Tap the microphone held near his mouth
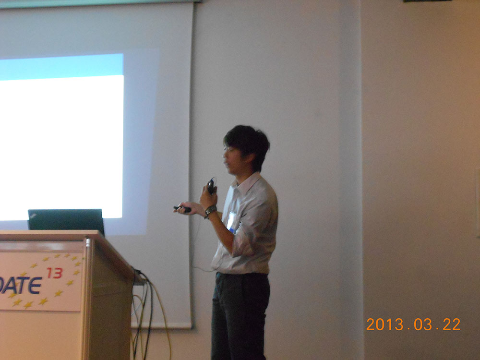(211, 186)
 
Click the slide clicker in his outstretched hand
(182, 209)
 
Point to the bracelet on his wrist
(210, 211)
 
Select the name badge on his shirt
(231, 221)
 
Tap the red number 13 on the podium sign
(55, 273)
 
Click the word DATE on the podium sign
(20, 285)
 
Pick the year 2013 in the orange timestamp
(385, 324)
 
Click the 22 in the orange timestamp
(452, 324)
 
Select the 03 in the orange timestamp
(423, 324)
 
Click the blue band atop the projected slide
(61, 66)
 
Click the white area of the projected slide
(61, 147)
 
